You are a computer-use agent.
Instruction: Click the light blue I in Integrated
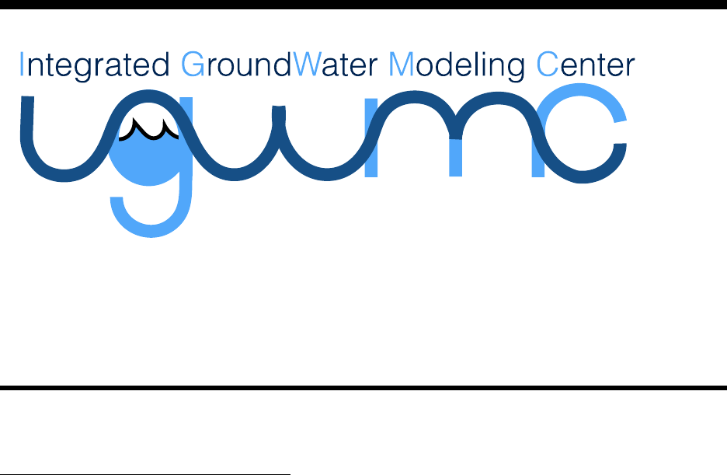(x=23, y=65)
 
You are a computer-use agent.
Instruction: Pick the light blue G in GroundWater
(x=191, y=66)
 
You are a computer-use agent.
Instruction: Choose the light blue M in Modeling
(x=401, y=66)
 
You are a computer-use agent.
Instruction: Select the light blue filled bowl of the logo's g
(x=151, y=159)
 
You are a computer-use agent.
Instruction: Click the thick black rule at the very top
(x=363, y=4)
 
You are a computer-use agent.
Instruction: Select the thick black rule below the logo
(x=363, y=386)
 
